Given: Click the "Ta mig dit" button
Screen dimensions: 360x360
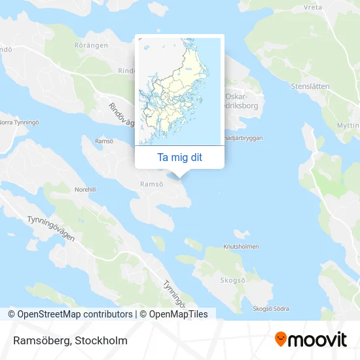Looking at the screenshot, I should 179,157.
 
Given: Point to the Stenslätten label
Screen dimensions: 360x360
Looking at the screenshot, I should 311,86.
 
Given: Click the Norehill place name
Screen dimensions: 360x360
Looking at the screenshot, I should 85,189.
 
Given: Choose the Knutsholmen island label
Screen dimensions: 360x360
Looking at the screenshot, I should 241,247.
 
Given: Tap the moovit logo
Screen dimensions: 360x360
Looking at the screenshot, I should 310,339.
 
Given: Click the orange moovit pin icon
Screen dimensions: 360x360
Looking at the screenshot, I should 281,339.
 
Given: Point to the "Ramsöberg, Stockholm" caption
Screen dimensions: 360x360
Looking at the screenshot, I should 68,340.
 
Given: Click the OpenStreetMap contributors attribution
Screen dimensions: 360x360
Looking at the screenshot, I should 71,314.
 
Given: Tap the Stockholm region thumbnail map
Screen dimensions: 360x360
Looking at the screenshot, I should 179,91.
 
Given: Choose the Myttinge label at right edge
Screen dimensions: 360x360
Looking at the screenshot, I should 347,124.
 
